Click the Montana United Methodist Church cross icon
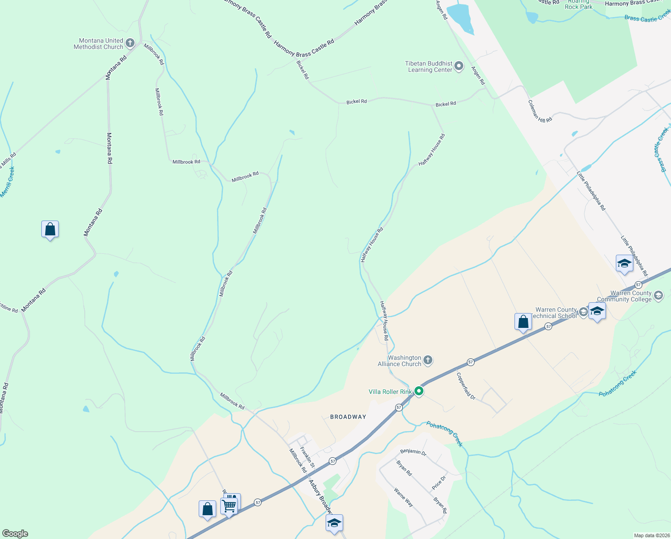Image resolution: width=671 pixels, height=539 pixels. coord(130,43)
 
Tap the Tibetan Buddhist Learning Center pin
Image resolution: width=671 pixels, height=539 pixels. coord(459,66)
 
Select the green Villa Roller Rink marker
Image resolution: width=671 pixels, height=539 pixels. coord(419,392)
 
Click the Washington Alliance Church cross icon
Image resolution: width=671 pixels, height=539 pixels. coord(428,360)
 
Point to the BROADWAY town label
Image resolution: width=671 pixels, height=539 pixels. coord(348,417)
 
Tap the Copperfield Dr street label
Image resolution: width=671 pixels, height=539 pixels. coord(466,386)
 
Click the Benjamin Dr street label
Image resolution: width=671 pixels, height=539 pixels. coord(413,451)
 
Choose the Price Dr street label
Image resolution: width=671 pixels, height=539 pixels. coord(439,482)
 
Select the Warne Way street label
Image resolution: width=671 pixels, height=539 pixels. coord(403,497)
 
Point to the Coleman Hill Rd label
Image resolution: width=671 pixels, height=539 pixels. coord(540,111)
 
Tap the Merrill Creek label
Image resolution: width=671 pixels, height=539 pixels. coord(8,181)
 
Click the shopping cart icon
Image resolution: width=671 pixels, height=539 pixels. coord(229,506)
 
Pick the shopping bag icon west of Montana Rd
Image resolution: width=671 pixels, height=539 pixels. coord(50,230)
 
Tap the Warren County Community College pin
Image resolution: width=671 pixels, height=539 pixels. coord(658,296)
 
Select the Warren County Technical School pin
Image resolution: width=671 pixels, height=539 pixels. coord(583,312)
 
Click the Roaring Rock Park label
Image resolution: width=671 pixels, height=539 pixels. coord(579,5)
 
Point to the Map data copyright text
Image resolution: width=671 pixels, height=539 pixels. coord(651,535)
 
